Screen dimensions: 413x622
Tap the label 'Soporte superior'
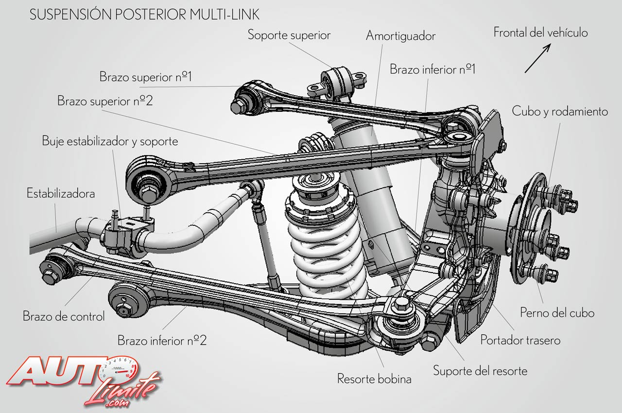coord(289,35)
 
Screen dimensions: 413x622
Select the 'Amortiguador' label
coord(400,36)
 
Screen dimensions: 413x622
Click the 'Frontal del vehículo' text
coord(540,33)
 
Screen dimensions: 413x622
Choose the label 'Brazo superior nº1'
coord(146,77)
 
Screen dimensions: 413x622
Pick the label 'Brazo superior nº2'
coord(105,101)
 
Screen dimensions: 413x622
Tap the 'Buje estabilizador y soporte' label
coord(110,141)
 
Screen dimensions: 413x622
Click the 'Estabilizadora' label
coord(61,193)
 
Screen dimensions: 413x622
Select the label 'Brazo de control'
coord(64,316)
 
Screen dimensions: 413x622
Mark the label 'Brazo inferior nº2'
coord(162,340)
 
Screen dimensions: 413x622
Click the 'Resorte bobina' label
coord(374,379)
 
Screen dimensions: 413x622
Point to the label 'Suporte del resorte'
coord(480,371)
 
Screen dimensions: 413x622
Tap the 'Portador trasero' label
coord(520,340)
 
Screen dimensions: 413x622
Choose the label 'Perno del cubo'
coord(557,312)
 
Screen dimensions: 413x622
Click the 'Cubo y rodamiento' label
coord(560,111)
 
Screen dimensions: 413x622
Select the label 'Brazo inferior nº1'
coord(432,69)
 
